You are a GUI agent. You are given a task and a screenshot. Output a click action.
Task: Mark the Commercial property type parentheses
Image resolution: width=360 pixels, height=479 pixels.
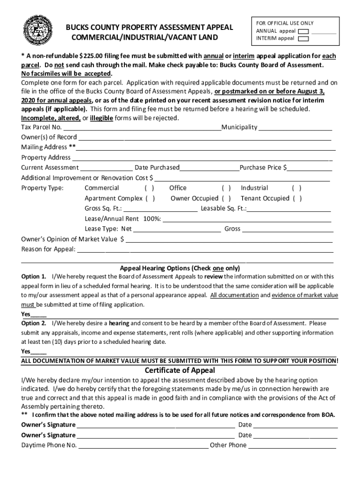(150, 188)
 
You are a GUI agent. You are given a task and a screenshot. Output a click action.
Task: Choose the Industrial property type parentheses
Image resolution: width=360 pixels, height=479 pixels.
(296, 188)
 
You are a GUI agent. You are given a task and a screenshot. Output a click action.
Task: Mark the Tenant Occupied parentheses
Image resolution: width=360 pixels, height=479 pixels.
(297, 198)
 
